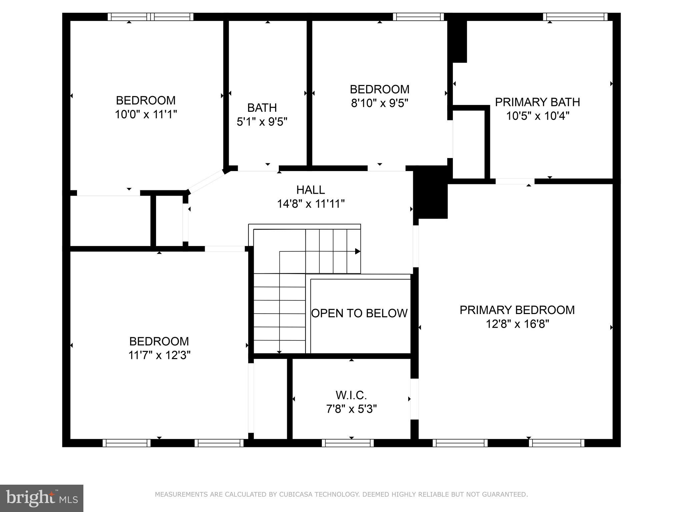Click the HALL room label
point(310,190)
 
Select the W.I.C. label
point(351,395)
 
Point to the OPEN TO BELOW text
point(359,313)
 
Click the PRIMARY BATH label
point(537,102)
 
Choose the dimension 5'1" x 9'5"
point(262,122)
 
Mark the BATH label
point(262,108)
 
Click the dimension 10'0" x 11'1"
point(146,115)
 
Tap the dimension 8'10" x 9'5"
point(380,103)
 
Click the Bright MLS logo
point(42,498)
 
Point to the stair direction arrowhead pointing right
point(358,251)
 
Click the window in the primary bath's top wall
point(575,17)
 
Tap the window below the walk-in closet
point(348,443)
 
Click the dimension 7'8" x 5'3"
point(351,409)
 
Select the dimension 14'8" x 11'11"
point(310,204)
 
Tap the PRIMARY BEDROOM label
point(517,310)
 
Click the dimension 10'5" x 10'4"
point(537,116)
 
